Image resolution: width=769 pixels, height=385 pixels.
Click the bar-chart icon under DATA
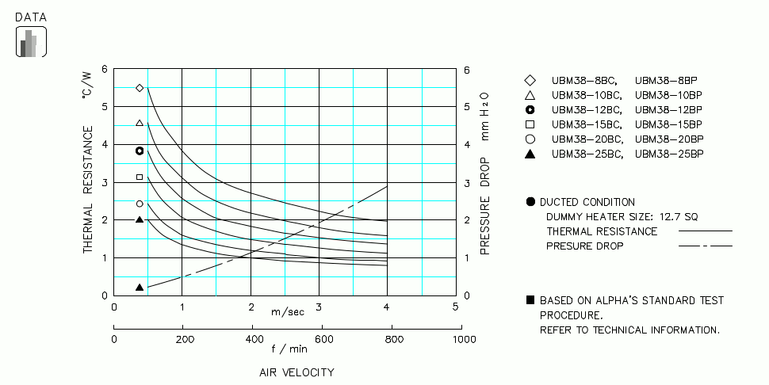[x=31, y=43]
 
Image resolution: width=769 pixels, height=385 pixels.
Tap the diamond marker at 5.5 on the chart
[x=140, y=88]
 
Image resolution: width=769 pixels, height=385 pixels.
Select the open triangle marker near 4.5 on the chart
[x=140, y=123]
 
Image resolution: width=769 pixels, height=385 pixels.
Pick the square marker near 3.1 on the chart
[x=140, y=177]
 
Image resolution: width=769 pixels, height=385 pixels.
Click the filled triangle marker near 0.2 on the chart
[x=140, y=288]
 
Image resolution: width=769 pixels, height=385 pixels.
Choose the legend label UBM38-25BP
[x=669, y=154]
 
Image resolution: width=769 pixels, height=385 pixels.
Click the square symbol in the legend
[x=530, y=124]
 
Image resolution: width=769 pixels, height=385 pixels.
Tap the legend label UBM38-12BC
[x=581, y=109]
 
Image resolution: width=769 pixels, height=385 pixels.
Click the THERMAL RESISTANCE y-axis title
[x=88, y=190]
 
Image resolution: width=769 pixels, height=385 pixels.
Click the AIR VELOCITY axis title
[x=296, y=372]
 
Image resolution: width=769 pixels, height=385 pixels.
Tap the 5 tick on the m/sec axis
[x=455, y=307]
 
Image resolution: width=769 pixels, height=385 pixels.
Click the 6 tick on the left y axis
[x=105, y=71]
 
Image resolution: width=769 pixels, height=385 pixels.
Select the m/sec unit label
[x=287, y=311]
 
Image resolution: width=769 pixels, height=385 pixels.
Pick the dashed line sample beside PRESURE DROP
[x=705, y=246]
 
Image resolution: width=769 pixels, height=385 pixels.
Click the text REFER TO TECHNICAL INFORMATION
[x=629, y=330]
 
